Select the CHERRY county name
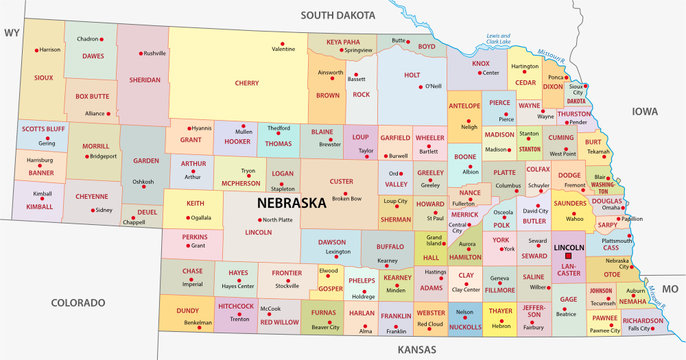coord(246,82)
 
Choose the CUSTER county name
coord(343,181)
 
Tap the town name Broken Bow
coord(347,198)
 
